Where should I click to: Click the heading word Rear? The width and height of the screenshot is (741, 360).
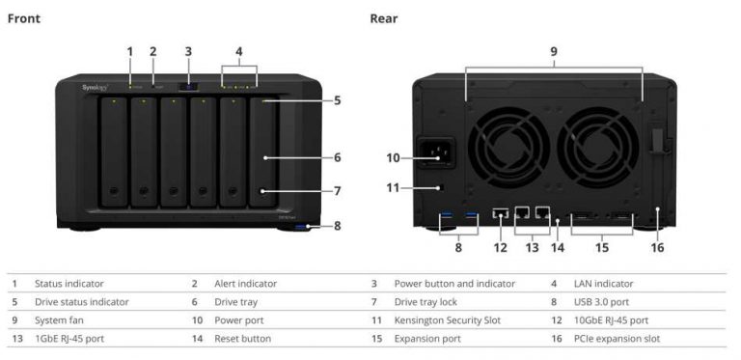384,18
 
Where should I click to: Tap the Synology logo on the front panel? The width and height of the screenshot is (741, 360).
96,87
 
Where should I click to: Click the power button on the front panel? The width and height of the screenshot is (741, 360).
188,87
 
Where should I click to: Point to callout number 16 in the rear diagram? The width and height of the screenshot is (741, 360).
658,247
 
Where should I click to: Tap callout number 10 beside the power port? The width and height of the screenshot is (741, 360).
394,157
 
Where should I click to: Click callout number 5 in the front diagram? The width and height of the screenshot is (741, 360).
337,99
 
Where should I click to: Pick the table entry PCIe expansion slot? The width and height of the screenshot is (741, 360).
618,339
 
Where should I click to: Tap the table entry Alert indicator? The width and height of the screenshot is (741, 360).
245,284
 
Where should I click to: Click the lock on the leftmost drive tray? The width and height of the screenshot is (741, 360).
114,189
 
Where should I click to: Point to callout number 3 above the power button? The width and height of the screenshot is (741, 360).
188,51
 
